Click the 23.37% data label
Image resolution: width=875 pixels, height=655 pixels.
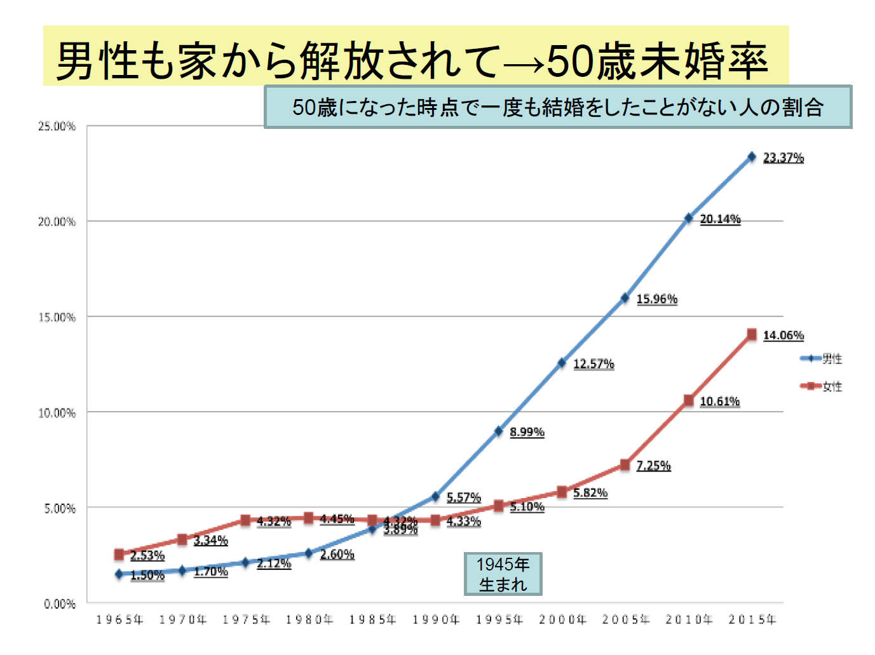tap(783, 158)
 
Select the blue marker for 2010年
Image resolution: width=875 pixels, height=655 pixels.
tap(688, 219)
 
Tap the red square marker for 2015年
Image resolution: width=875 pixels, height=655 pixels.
tap(752, 334)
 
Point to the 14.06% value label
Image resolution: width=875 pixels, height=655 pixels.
tap(783, 335)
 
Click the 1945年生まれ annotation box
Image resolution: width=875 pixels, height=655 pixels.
tap(503, 574)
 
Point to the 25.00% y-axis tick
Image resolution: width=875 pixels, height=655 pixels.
tap(57, 126)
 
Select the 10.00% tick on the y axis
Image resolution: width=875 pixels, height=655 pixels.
tap(57, 413)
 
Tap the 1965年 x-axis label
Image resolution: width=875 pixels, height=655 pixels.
tap(119, 619)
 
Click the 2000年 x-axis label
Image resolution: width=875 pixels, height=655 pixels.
tap(562, 619)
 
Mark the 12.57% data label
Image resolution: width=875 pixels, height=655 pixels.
tap(594, 364)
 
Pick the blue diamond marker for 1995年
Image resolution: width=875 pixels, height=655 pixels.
tap(499, 431)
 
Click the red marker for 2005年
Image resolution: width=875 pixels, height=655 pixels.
tap(625, 465)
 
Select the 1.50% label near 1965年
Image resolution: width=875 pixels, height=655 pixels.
tap(147, 575)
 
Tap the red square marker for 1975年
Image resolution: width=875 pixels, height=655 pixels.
tap(246, 520)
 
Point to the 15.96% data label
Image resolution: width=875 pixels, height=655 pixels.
tap(656, 299)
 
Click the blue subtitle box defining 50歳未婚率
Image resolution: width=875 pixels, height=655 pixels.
tap(557, 107)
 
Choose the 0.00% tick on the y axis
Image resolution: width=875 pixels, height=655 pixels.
tap(60, 604)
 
